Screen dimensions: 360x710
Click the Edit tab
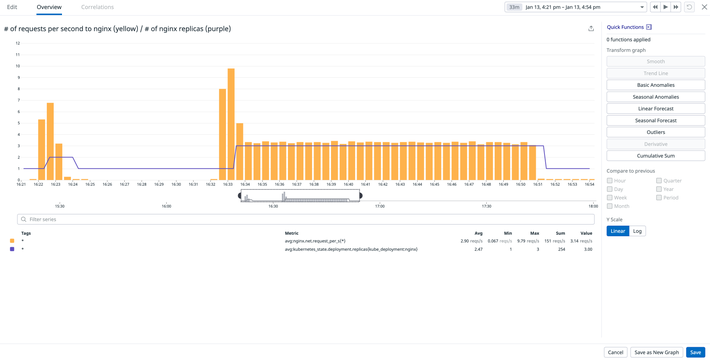[x=12, y=7]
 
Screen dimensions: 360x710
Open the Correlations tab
[x=97, y=7]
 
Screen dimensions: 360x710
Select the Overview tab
[x=49, y=7]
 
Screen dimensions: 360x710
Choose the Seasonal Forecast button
[x=655, y=120]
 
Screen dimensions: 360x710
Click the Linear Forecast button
[x=655, y=109]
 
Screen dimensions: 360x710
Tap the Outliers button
[x=655, y=132]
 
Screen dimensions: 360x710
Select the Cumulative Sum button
[x=655, y=156]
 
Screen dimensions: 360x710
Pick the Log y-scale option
[x=637, y=231]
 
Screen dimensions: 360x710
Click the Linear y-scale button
[x=617, y=231]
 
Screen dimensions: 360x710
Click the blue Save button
[x=695, y=352]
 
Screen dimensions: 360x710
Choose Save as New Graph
[x=657, y=352]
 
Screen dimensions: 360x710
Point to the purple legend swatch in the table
[x=12, y=249]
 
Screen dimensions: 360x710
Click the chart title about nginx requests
[x=117, y=29]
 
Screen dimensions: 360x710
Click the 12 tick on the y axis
[x=17, y=43]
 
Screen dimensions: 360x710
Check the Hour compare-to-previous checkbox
[x=610, y=181]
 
